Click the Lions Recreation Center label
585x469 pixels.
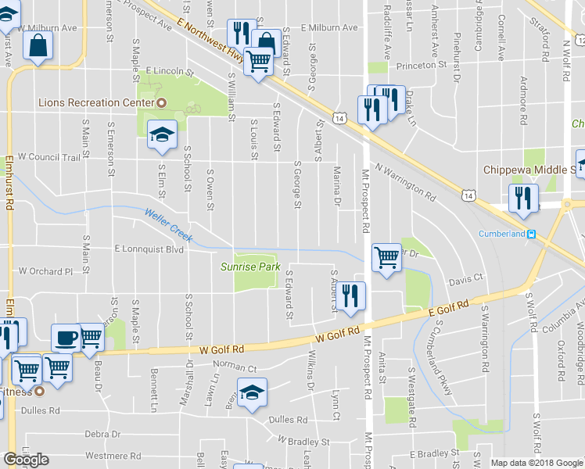pyautogui.click(x=97, y=102)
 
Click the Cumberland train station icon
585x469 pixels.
pyautogui.click(x=530, y=234)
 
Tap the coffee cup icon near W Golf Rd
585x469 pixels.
pyautogui.click(x=65, y=338)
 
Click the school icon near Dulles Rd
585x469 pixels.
pyautogui.click(x=253, y=393)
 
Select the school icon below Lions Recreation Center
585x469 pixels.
pyautogui.click(x=162, y=135)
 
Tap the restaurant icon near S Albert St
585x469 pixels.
pyautogui.click(x=351, y=295)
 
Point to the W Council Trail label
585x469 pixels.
pyautogui.click(x=49, y=157)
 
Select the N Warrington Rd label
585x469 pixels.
pyautogui.click(x=405, y=180)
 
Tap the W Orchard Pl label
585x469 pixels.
pyautogui.click(x=45, y=271)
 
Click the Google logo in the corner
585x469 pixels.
pyautogui.click(x=26, y=460)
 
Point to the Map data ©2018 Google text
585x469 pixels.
pyautogui.click(x=537, y=463)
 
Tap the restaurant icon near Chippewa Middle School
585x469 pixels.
pyautogui.click(x=521, y=199)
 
